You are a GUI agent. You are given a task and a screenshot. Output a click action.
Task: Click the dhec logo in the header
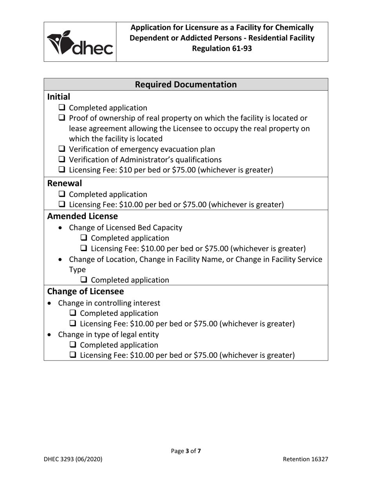(80, 42)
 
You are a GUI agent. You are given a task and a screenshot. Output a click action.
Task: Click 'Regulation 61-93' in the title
(222, 48)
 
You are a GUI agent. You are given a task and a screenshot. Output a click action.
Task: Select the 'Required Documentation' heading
(186, 84)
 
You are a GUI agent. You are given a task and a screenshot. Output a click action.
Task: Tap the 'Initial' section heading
(59, 97)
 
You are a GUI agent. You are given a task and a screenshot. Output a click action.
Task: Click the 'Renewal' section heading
(65, 183)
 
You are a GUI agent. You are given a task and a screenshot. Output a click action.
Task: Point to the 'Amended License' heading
(82, 216)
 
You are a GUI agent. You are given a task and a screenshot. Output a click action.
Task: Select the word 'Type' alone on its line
(77, 270)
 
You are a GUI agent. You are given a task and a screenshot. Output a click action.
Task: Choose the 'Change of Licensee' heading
(85, 292)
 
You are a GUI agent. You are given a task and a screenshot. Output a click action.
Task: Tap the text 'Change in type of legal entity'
(108, 335)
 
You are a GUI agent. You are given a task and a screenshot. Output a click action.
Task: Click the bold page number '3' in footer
(188, 451)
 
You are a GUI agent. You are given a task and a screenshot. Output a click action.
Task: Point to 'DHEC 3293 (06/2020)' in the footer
(73, 459)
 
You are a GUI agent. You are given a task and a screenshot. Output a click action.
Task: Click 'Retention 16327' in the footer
(305, 459)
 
